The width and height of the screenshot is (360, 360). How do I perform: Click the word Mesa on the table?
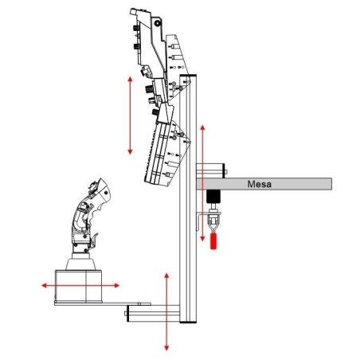click(259, 184)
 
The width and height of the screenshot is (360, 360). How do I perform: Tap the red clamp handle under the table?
click(213, 241)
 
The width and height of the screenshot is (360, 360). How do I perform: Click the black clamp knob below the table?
click(213, 196)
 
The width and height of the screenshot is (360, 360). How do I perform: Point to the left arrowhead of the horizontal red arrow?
click(44, 285)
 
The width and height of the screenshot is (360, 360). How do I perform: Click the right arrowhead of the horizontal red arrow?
click(117, 285)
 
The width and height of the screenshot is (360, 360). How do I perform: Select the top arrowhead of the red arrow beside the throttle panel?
click(130, 79)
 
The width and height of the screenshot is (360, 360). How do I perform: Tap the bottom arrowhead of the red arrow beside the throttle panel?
click(130, 151)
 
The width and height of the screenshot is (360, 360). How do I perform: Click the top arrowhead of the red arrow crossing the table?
click(202, 128)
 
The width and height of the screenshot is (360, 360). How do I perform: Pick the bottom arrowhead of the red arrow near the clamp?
click(202, 238)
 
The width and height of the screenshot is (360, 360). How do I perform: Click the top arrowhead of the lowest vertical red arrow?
click(166, 276)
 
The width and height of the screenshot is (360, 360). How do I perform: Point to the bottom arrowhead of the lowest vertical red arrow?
click(166, 347)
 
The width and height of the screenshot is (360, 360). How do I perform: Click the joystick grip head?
click(100, 190)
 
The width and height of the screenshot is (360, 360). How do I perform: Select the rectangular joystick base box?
click(78, 286)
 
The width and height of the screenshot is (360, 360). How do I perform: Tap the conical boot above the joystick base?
click(80, 264)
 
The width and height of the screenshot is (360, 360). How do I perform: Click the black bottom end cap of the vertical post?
click(188, 322)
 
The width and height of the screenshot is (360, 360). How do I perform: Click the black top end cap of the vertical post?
click(188, 76)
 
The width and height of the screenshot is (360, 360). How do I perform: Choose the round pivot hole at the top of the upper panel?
click(158, 23)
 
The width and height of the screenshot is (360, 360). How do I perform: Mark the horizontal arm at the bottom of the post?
click(153, 314)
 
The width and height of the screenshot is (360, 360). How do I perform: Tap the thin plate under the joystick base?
click(103, 303)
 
